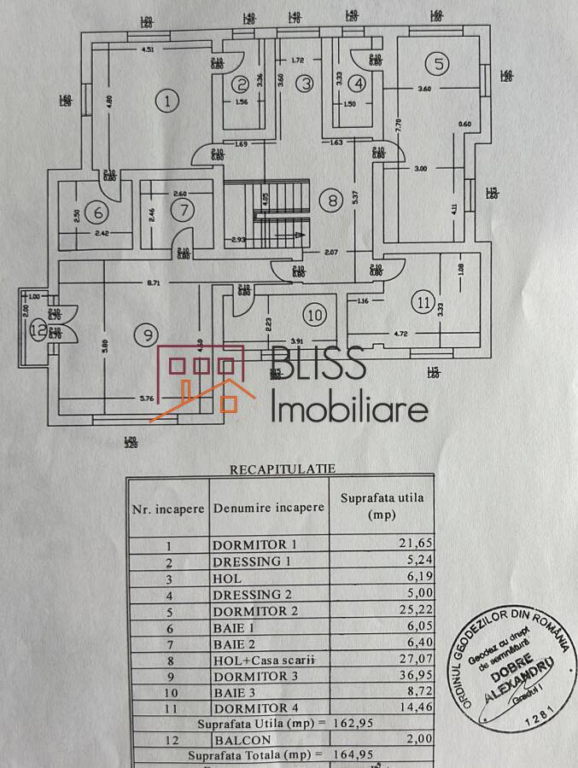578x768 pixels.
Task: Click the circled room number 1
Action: click(168, 101)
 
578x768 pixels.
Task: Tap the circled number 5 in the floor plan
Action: click(439, 62)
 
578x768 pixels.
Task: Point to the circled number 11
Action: click(423, 301)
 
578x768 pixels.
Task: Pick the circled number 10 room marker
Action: click(316, 315)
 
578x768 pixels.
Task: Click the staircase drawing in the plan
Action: click(271, 212)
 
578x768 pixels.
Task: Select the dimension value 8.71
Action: click(155, 282)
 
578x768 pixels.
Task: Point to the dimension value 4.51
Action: click(148, 49)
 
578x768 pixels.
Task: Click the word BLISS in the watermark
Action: click(318, 364)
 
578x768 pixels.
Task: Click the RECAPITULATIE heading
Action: click(282, 468)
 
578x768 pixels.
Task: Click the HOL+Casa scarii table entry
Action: click(265, 660)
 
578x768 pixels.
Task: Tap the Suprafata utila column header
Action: click(381, 506)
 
